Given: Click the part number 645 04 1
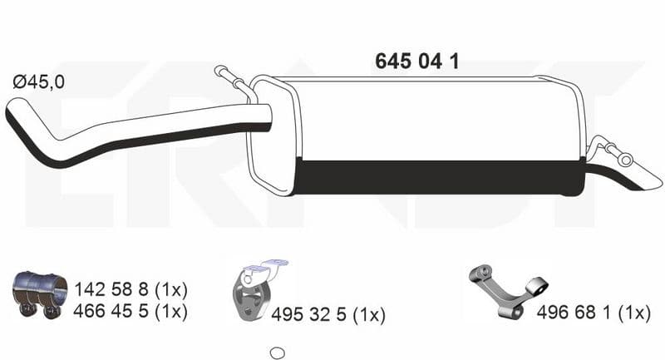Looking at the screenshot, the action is pos(417,62).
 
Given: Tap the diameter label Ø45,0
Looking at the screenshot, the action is pos(38,81).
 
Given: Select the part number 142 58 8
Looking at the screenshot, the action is pos(111,289).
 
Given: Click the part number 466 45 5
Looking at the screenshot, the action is pos(111,311).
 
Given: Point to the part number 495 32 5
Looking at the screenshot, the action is pos(308,314).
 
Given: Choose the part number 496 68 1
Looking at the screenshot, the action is pos(574,313).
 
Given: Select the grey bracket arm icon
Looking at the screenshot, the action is pos(507,292).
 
